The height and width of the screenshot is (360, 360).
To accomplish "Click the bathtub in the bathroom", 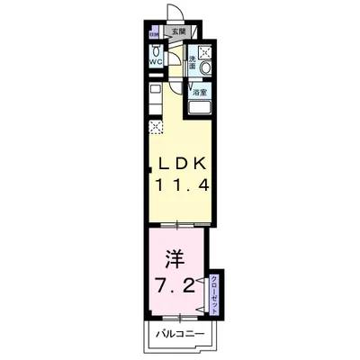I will click(199, 106).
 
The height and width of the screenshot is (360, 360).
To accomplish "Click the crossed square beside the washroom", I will click(204, 51).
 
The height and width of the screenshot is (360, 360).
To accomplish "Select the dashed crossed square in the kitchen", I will click(156, 126).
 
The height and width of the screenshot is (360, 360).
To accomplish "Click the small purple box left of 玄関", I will click(151, 32).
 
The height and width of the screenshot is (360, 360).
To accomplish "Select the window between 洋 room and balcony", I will click(176, 315).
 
